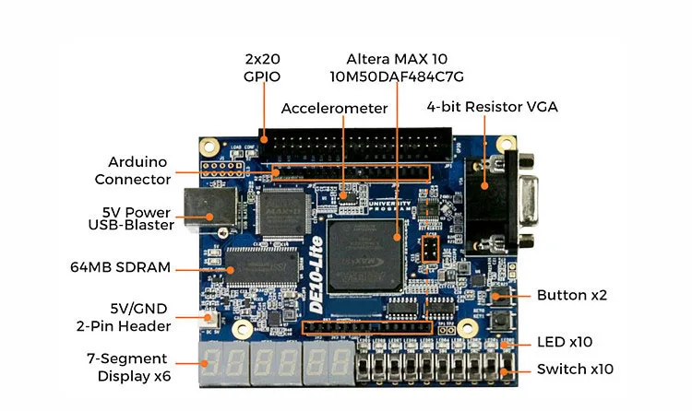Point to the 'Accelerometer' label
point(334,108)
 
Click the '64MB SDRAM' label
point(121,267)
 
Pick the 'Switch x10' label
point(575,370)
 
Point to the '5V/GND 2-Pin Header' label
point(124,316)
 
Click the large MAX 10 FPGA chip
point(368,249)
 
